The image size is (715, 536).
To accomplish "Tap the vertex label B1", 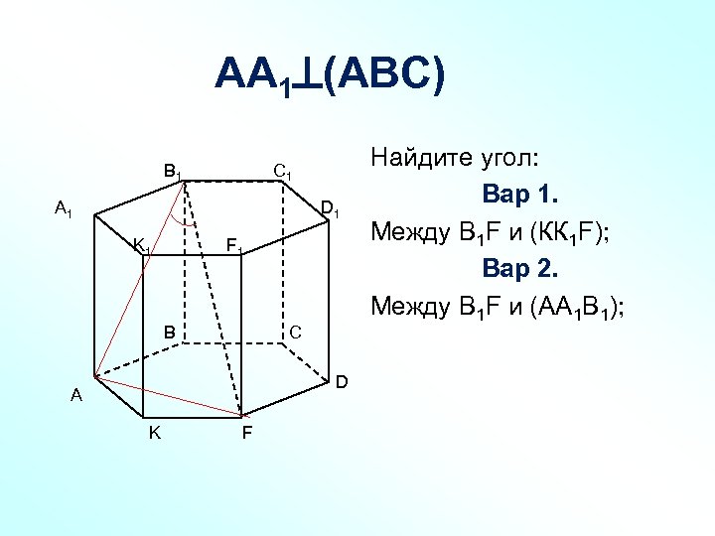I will coord(173,171).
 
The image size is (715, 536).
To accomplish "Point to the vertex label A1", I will coord(64,208).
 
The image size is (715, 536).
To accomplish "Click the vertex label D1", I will coord(331,209).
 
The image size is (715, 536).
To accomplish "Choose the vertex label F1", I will coord(234,244).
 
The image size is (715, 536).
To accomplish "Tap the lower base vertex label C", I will coord(295,331).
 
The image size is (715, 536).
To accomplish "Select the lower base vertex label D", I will coord(341,382).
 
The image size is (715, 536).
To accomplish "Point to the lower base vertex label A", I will coord(76,396).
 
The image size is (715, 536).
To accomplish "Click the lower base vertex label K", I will coord(155,433).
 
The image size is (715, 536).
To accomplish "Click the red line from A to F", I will coord(169,395).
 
